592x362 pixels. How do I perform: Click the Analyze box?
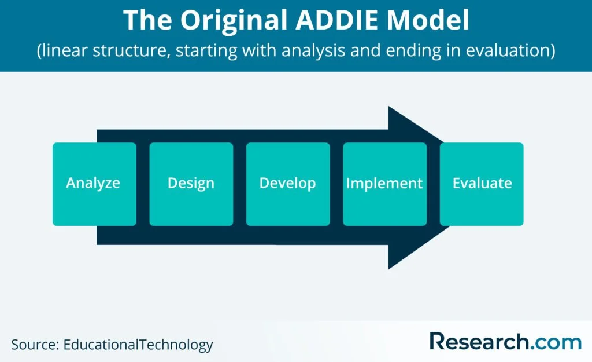click(x=94, y=184)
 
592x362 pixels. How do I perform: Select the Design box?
click(x=191, y=184)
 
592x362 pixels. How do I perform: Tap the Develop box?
click(x=288, y=184)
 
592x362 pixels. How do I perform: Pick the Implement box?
click(x=384, y=184)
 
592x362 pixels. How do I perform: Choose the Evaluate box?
click(x=482, y=184)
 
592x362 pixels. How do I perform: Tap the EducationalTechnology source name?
click(x=138, y=345)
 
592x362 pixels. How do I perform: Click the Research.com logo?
click(x=505, y=342)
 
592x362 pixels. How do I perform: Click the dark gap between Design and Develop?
click(x=239, y=184)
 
